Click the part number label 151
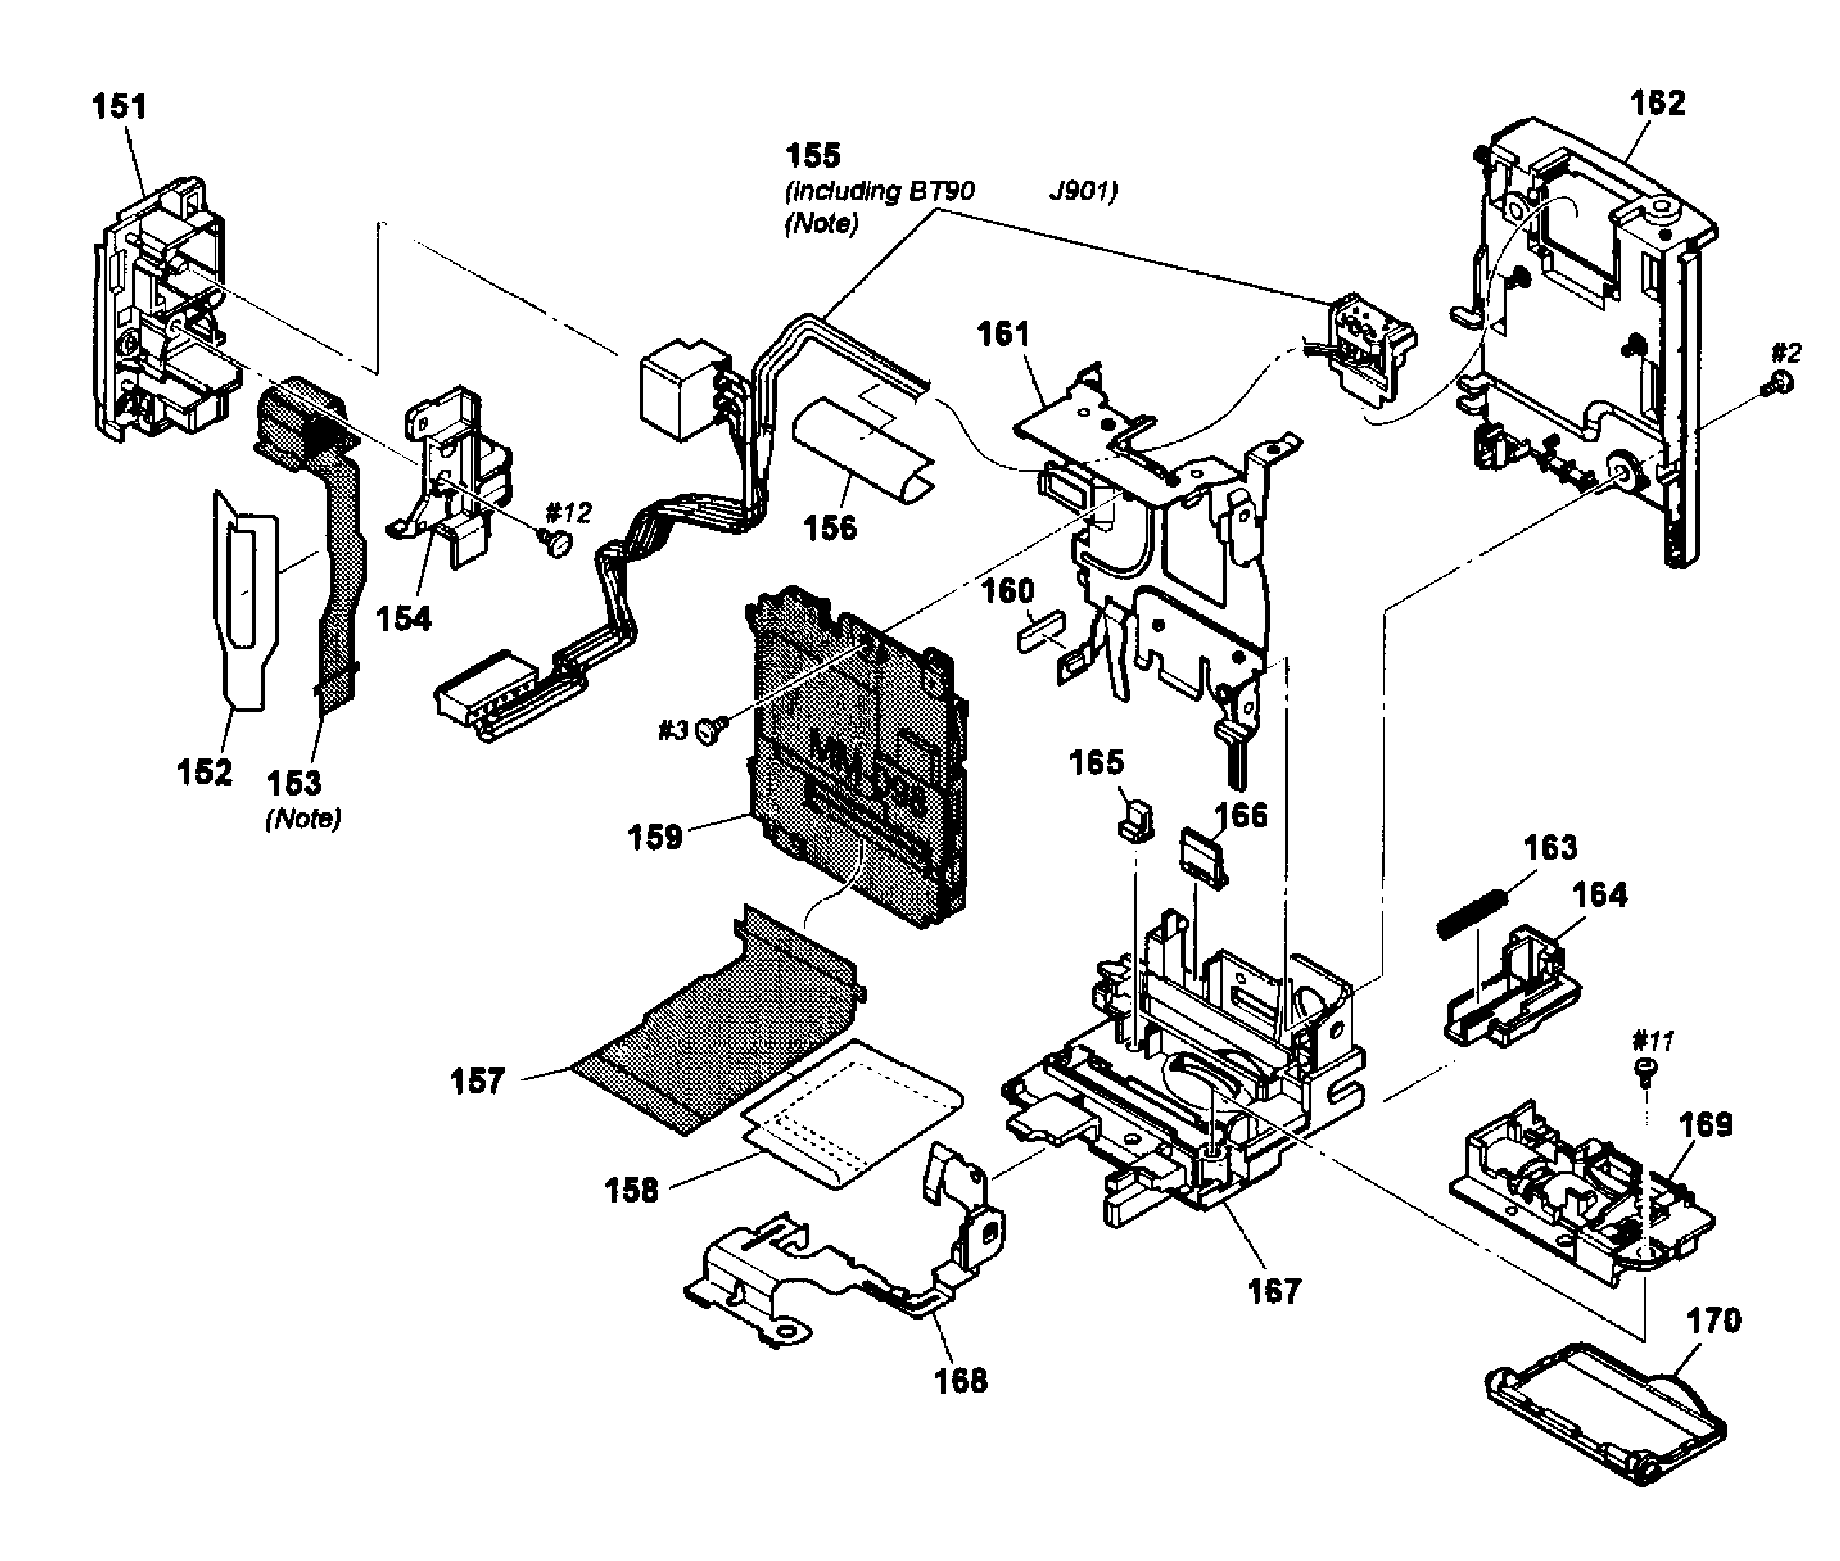point(119,107)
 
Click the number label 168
point(960,1380)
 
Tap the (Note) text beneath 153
point(303,819)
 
